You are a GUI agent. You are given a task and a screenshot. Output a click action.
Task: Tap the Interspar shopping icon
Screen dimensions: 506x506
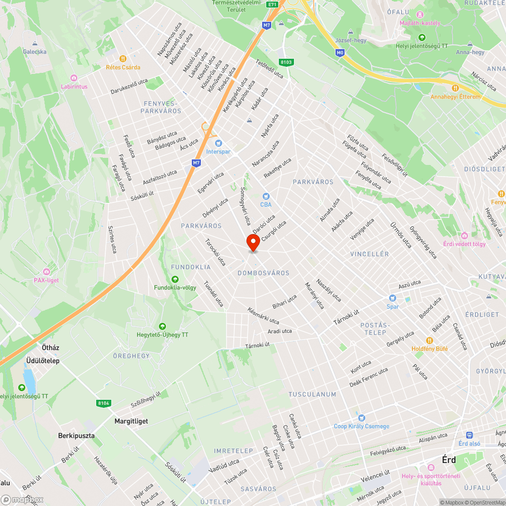(x=219, y=143)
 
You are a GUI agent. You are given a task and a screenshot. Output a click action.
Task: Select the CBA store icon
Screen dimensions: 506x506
(x=266, y=196)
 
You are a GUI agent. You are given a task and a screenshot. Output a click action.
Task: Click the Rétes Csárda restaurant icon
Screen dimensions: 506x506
(x=123, y=59)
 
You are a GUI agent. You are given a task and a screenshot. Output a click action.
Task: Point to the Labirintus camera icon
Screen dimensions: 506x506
(x=74, y=78)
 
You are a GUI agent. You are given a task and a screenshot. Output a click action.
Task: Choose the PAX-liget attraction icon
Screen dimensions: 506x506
(x=47, y=272)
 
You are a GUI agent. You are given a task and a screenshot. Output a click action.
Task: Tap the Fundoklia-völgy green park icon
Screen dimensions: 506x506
(x=175, y=279)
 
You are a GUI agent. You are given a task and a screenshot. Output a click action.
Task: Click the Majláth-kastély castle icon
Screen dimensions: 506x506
(x=420, y=14)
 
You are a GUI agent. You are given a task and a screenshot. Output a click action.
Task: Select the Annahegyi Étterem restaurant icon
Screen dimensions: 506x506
(x=455, y=88)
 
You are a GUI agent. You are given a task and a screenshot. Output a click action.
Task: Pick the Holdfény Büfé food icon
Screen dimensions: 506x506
(x=430, y=341)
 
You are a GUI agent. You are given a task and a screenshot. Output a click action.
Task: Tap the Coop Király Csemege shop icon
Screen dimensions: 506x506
(x=361, y=418)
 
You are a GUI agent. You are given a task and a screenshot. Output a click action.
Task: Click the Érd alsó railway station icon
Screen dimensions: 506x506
(x=469, y=435)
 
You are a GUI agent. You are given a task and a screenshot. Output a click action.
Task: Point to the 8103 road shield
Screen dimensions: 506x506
(x=286, y=62)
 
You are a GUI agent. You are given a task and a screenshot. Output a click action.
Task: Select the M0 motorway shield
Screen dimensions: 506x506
(x=340, y=52)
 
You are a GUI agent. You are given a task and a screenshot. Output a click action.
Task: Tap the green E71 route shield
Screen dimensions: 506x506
(x=273, y=5)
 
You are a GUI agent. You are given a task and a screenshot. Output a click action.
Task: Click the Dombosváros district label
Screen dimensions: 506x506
(x=264, y=273)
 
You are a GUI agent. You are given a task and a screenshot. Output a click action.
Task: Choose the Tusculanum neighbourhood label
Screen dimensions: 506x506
(x=312, y=394)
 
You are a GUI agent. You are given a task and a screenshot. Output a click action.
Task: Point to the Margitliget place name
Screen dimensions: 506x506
(x=128, y=421)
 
